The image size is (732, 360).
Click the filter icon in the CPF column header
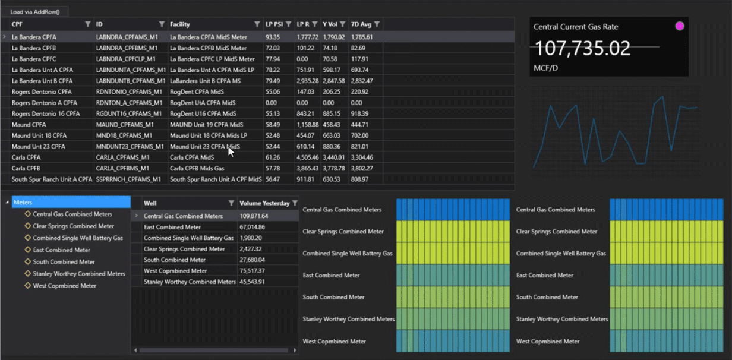[x=88, y=24]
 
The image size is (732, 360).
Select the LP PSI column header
[x=274, y=24]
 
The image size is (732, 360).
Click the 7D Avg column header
[x=361, y=24]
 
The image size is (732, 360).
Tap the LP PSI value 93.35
[x=273, y=37]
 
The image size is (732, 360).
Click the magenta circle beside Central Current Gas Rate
[x=680, y=26]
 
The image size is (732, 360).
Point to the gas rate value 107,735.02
[x=583, y=49]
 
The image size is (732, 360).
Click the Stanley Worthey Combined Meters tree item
[x=79, y=274]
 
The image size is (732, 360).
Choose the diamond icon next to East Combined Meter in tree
[x=27, y=250]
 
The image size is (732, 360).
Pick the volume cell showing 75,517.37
[x=254, y=271]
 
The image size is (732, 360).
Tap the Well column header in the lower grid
[x=151, y=203]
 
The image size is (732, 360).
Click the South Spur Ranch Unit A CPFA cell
[x=52, y=179]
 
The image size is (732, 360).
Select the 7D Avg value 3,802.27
[x=362, y=168]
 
